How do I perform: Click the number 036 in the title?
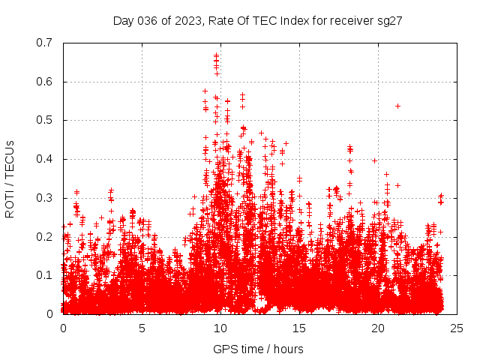[143, 21]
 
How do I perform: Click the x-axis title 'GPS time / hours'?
[258, 349]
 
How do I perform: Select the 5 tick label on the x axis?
[142, 328]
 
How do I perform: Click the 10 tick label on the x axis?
[220, 328]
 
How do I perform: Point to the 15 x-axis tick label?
[299, 328]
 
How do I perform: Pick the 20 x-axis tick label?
[378, 328]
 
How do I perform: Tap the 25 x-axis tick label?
[457, 328]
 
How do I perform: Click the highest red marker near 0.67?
[217, 55]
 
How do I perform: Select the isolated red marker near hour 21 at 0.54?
[397, 106]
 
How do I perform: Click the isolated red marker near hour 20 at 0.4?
[374, 160]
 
